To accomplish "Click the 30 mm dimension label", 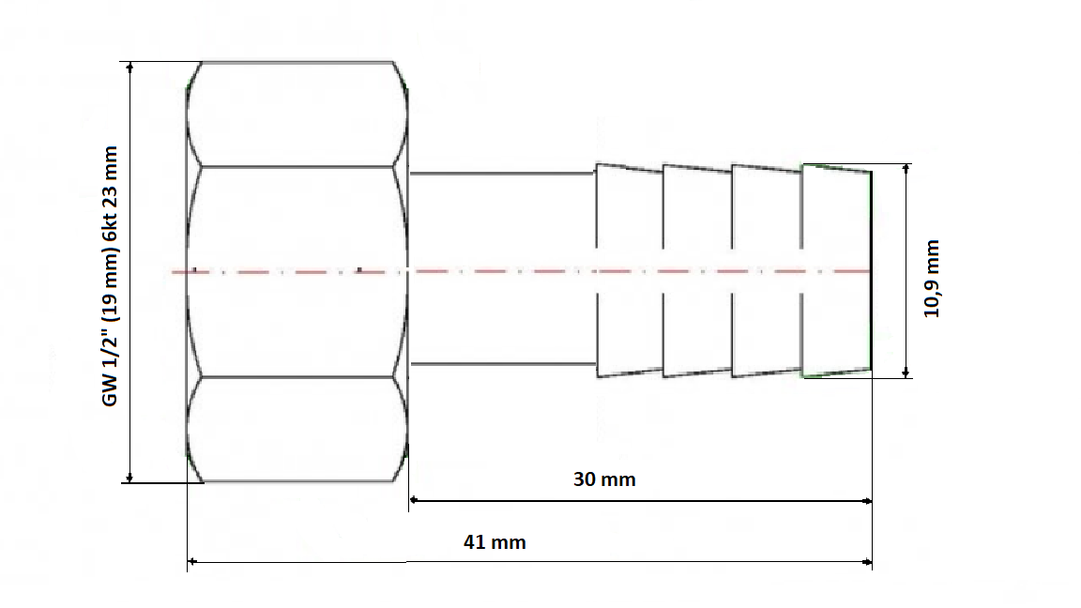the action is [x=604, y=479].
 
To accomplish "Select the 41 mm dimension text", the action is [x=495, y=542].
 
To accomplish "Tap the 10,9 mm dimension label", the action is [x=932, y=279].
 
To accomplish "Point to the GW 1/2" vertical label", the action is [x=111, y=276].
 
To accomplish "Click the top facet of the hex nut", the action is [x=297, y=114].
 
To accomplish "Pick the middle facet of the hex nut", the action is [x=297, y=271].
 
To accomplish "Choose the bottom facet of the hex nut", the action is [x=297, y=429].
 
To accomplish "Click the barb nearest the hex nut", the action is [x=630, y=270].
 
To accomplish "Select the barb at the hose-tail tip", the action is [x=836, y=270].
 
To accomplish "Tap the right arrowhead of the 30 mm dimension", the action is [x=868, y=501].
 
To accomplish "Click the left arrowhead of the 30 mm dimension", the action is [x=413, y=501].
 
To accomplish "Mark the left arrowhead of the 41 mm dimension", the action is [x=191, y=562].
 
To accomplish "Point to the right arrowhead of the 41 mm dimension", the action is [x=868, y=562].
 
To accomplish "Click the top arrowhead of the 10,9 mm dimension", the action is [x=906, y=168].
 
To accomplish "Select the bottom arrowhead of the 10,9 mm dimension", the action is [x=906, y=372].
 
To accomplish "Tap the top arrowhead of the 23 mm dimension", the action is [x=129, y=67].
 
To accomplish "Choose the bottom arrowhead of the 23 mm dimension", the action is [x=129, y=477].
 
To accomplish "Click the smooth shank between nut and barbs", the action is [x=503, y=269].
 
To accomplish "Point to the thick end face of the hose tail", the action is [x=871, y=270].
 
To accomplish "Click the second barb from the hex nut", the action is [x=698, y=270].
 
